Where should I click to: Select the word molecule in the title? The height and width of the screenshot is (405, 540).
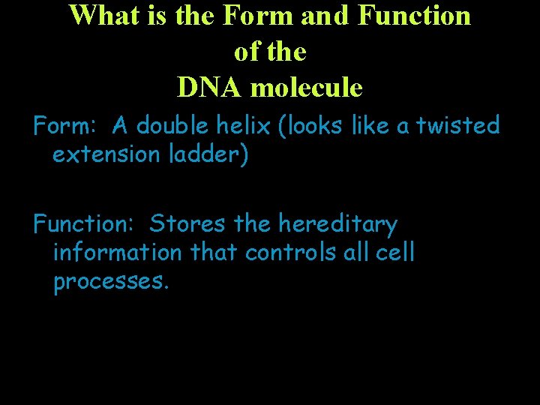pyautogui.click(x=307, y=88)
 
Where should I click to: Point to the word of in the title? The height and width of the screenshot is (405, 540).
pyautogui.click(x=247, y=52)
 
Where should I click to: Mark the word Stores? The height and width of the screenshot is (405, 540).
pyautogui.click(x=188, y=223)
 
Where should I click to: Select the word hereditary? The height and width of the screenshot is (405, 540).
pyautogui.click(x=337, y=223)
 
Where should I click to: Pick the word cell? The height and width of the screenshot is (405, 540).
pyautogui.click(x=395, y=253)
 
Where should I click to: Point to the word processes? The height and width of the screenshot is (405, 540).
pyautogui.click(x=112, y=282)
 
